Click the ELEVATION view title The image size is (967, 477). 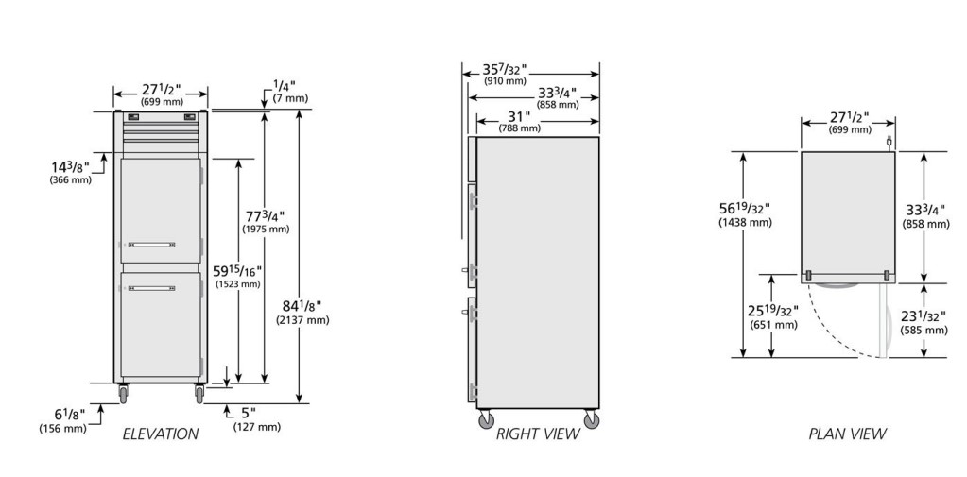tap(161, 434)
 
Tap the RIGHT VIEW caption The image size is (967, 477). tap(538, 434)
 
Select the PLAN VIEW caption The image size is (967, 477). tap(847, 434)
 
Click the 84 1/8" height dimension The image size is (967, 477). tap(302, 306)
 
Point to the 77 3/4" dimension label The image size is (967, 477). tap(265, 216)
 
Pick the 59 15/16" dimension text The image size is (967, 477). tap(237, 271)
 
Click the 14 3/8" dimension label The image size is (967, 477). tap(70, 167)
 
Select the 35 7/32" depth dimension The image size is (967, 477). tap(505, 70)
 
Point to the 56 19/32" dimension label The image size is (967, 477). tap(744, 209)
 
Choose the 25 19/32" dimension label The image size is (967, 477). tap(773, 311)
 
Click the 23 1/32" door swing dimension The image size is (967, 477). tap(924, 316)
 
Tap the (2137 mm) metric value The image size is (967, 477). tap(302, 320)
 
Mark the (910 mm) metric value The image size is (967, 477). tap(505, 81)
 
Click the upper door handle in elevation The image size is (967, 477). tap(151, 245)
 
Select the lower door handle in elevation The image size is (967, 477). tap(151, 288)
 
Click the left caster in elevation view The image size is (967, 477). tap(123, 394)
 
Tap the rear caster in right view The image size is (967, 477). tap(592, 419)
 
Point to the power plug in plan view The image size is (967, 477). tap(889, 143)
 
